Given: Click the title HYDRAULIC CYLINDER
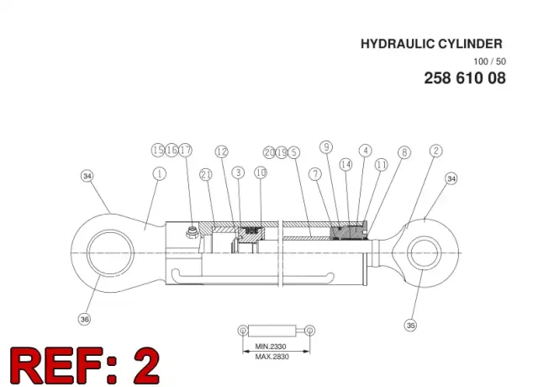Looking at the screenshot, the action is [x=431, y=44].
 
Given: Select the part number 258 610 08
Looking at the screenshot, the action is [x=465, y=78].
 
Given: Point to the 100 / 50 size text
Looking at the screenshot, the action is [x=489, y=61].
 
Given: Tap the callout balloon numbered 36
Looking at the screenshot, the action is [x=85, y=320].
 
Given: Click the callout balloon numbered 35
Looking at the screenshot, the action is [x=411, y=325].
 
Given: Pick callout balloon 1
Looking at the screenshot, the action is [x=159, y=174].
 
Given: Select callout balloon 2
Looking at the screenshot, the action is [x=436, y=151].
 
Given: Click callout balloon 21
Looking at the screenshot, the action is [x=206, y=175].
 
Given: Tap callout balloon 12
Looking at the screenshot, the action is [x=222, y=151].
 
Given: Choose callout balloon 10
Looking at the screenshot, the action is [x=261, y=172].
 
